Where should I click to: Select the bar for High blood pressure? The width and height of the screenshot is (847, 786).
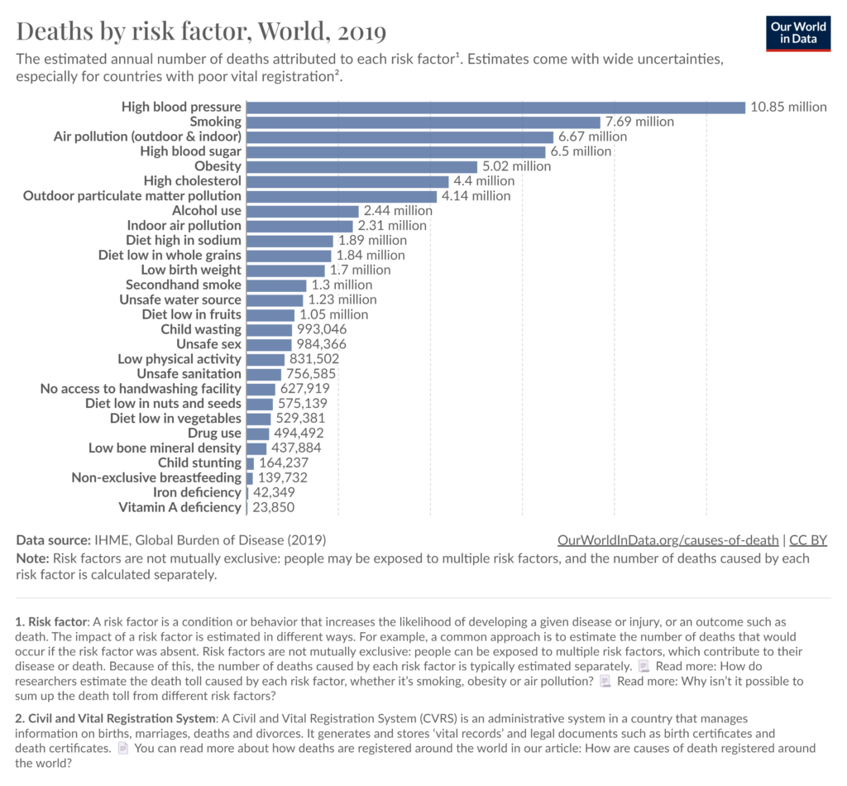coord(496,107)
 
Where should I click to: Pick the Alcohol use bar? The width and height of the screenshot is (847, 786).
coord(303,211)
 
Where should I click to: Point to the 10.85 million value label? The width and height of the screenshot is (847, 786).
coord(788,107)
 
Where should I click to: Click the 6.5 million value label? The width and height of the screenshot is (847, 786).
coord(581,151)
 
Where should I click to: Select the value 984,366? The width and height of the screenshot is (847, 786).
coord(321,344)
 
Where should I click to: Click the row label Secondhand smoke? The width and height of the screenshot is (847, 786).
coord(184,285)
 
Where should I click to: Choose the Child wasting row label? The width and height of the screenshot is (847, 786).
coord(201,329)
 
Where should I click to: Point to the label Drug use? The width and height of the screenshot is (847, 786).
coord(214,433)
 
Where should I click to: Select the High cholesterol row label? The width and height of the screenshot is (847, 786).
coord(193,181)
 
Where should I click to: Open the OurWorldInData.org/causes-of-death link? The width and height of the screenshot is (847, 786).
coord(668,540)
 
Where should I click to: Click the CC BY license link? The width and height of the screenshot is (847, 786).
coord(808,540)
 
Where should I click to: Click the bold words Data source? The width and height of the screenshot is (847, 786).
coord(53,540)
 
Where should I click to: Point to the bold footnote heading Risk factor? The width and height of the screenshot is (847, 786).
coord(58,621)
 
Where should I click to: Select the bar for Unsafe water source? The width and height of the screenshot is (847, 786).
coord(275,300)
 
